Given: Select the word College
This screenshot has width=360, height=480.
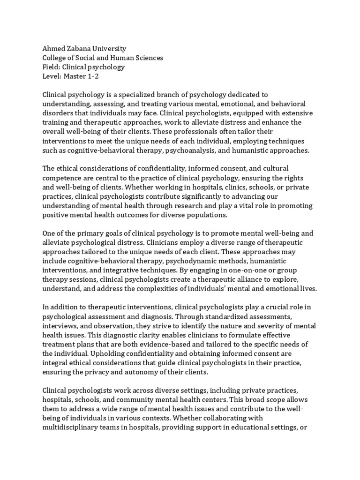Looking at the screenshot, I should pos(56,58).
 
